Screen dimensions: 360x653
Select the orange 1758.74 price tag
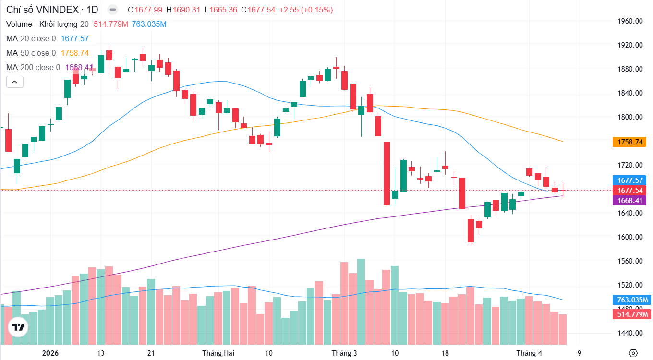(x=629, y=142)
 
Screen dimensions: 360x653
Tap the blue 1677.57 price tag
(x=629, y=180)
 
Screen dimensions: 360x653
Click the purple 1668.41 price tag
(x=629, y=200)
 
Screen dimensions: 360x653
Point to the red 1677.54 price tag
(x=629, y=190)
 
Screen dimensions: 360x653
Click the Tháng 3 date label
(x=344, y=353)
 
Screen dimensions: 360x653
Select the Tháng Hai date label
(x=218, y=353)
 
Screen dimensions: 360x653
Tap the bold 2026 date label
(x=50, y=353)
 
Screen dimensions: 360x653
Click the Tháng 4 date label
(x=529, y=353)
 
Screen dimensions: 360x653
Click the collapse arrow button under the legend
(x=14, y=82)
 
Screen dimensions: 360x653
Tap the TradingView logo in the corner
(x=18, y=328)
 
